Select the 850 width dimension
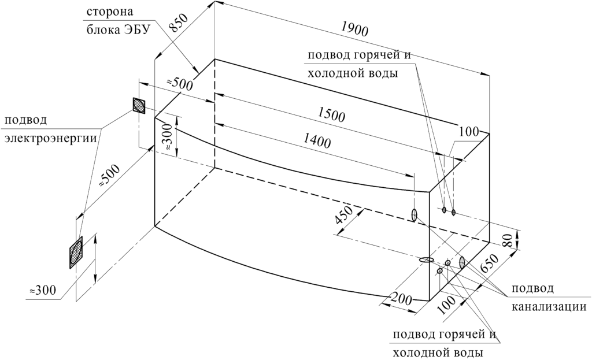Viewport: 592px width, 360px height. tap(177, 24)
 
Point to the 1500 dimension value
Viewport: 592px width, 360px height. tap(331, 115)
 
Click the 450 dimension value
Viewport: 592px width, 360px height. tap(344, 216)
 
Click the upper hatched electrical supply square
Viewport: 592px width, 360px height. tap(139, 105)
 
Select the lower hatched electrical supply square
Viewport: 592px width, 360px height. tap(76, 253)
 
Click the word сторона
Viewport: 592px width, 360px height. tap(110, 12)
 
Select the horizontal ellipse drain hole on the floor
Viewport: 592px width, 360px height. tap(426, 259)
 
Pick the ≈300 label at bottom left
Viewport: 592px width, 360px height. tap(43, 290)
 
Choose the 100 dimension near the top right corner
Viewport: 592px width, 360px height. tap(469, 132)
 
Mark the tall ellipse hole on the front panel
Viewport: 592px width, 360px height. tap(414, 215)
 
